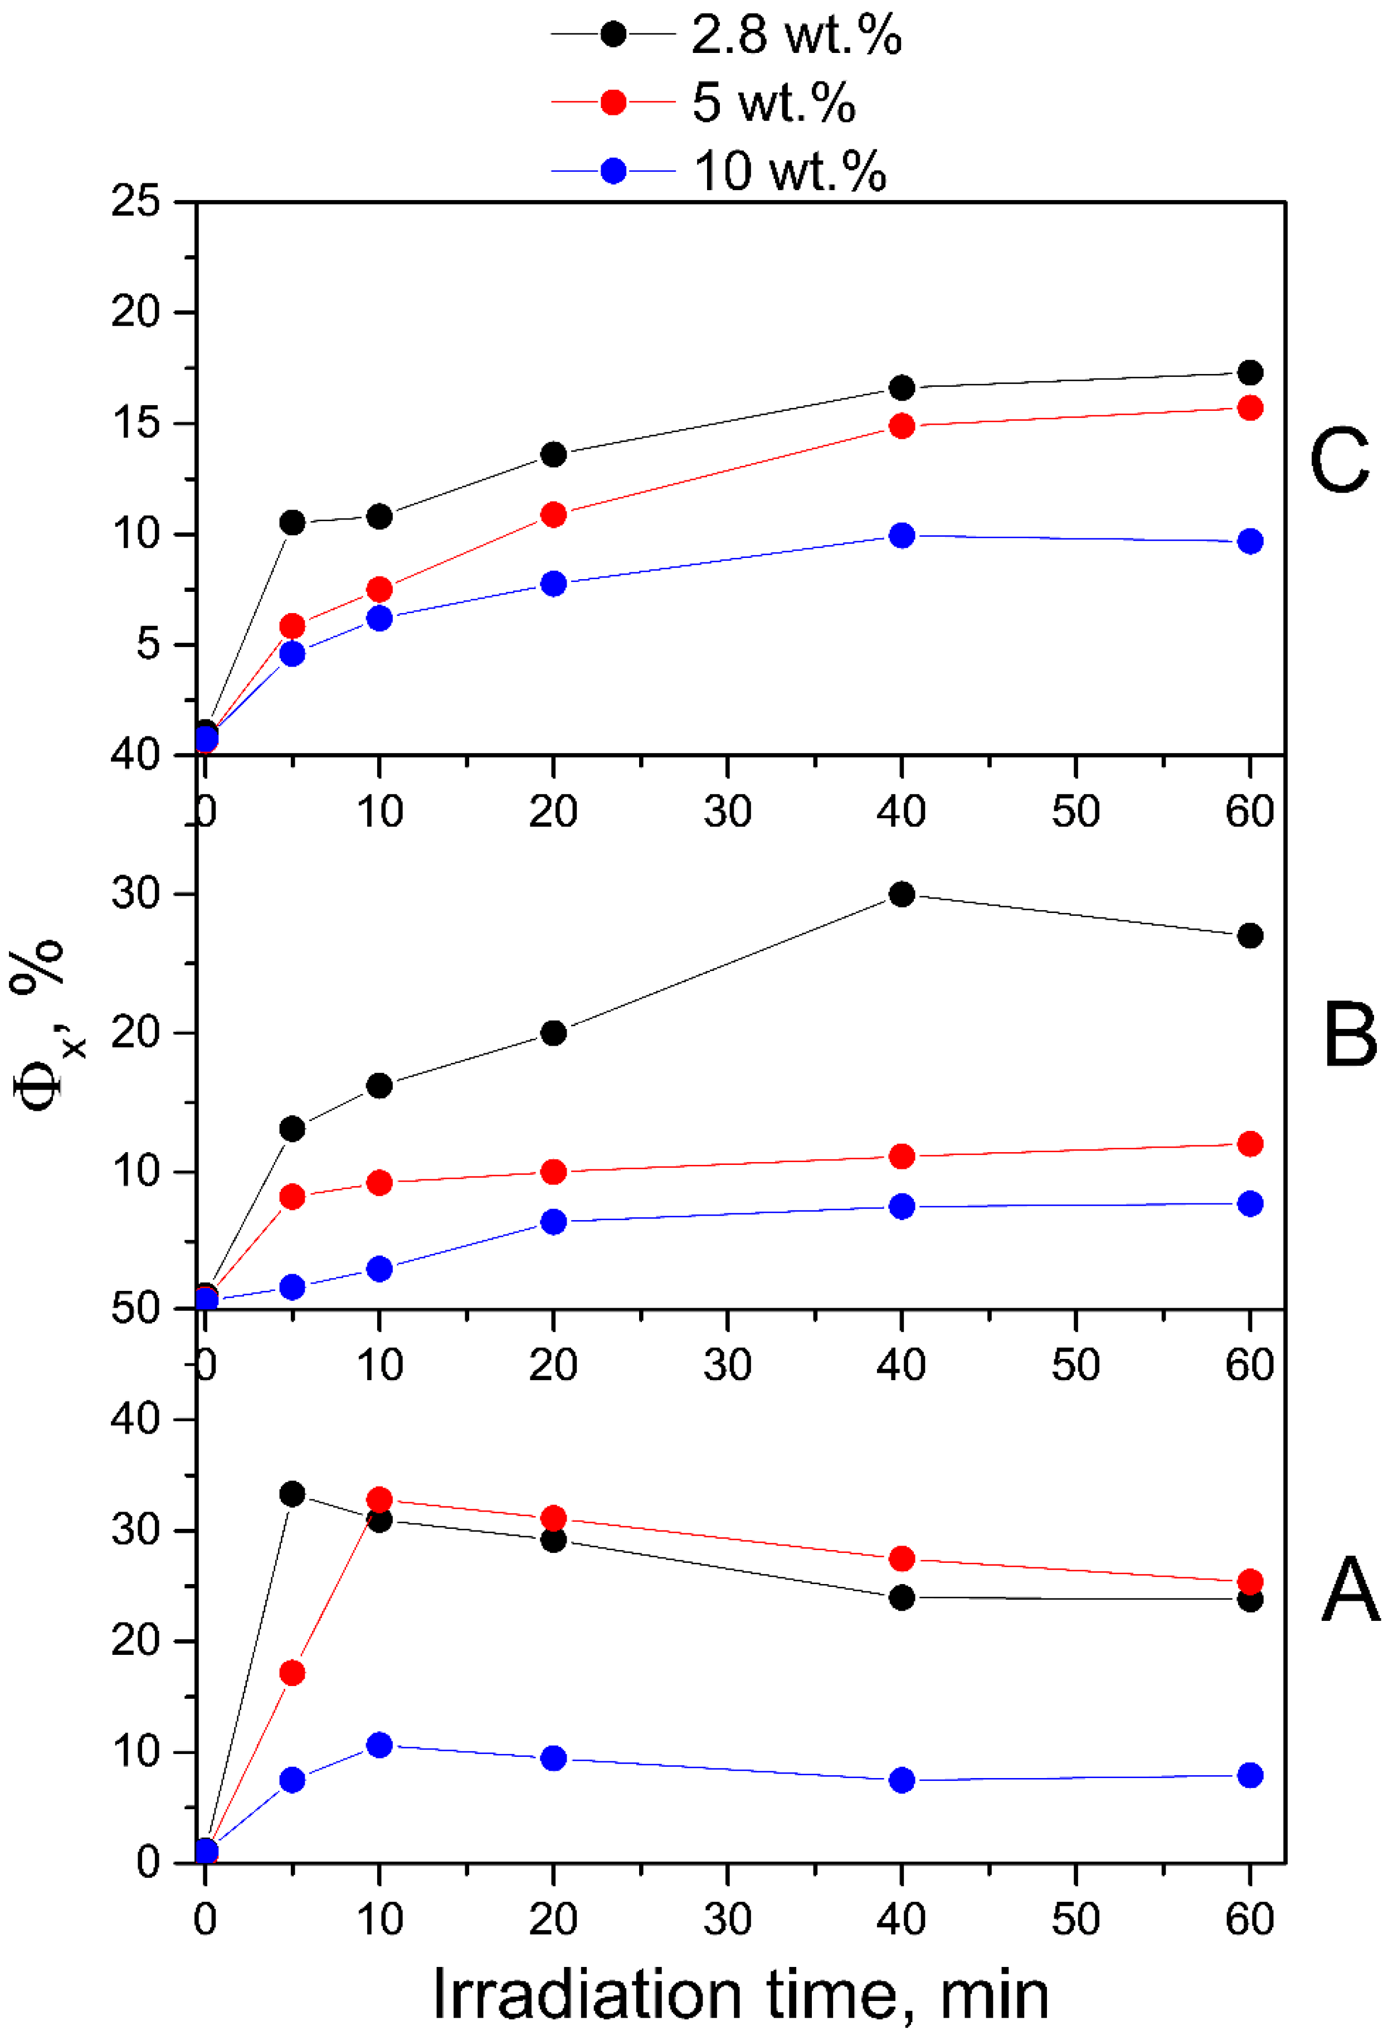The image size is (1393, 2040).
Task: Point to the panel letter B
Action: [x=1349, y=1036]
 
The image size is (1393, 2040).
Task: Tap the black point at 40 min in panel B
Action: [x=902, y=895]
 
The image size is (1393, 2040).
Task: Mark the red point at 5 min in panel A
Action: [x=293, y=1673]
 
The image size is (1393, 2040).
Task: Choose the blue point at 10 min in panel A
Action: [x=379, y=1745]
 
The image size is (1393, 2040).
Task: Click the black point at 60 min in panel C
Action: [x=1250, y=373]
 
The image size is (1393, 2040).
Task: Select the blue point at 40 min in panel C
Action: [x=902, y=536]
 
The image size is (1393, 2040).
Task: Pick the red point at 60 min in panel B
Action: [x=1250, y=1144]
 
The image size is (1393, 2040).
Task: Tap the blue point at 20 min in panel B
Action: [x=553, y=1222]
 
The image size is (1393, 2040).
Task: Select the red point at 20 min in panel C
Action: [x=553, y=514]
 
